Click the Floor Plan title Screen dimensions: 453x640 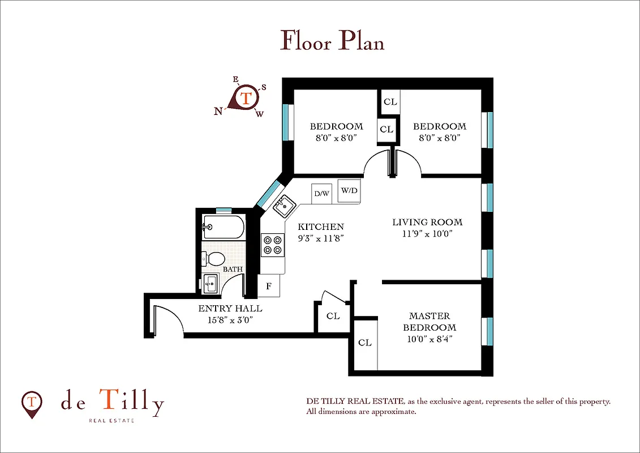pos(332,41)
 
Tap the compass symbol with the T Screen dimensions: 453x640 pos(244,99)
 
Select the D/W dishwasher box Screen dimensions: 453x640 pos(321,194)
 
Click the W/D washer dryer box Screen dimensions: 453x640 pos(349,190)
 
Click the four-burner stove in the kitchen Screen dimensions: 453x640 pos(272,245)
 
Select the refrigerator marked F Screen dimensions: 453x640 pos(269,286)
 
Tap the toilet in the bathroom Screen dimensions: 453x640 pos(213,259)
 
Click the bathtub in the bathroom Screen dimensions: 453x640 pos(224,228)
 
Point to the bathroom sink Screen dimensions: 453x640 pos(211,282)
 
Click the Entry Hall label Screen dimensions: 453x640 pos(230,309)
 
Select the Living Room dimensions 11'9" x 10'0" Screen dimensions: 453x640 pos(427,233)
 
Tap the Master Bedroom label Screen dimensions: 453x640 pos(429,322)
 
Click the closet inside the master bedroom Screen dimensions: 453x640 pos(365,343)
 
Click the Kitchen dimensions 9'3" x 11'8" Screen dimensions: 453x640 pos(321,238)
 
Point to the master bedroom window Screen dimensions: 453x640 pos(489,331)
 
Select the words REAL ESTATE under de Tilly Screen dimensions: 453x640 pos(111,421)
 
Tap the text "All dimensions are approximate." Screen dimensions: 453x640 pos(361,412)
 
